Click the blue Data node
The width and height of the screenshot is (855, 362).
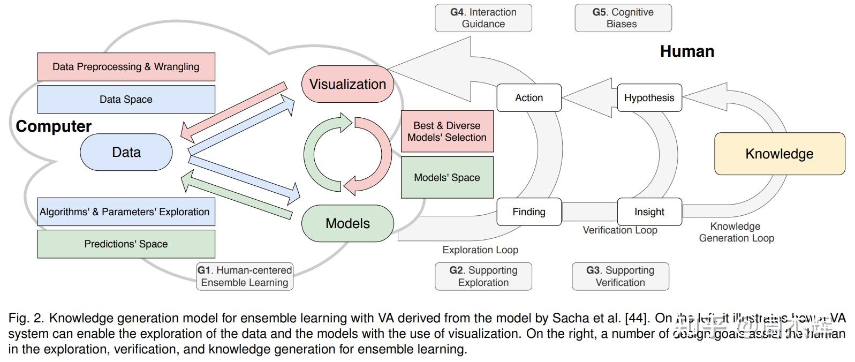(x=126, y=152)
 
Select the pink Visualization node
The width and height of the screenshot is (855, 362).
(x=347, y=84)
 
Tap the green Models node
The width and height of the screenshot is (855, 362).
(x=347, y=223)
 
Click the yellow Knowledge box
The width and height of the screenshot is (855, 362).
(x=780, y=154)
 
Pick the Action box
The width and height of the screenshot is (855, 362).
(x=529, y=97)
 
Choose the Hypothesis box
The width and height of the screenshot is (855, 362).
(x=649, y=97)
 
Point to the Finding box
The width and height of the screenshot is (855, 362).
(x=529, y=212)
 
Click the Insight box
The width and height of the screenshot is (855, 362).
(x=649, y=212)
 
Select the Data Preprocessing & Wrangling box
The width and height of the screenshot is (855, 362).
(x=126, y=67)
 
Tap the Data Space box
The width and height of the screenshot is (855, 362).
(x=126, y=99)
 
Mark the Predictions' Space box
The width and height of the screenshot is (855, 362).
(x=126, y=244)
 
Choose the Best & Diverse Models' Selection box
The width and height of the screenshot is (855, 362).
(x=447, y=131)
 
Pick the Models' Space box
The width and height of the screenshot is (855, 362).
(x=447, y=177)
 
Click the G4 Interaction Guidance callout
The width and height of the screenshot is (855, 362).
(x=483, y=18)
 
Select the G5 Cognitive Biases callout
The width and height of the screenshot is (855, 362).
(x=623, y=18)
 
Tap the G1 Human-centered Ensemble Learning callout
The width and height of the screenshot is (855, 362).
(x=245, y=276)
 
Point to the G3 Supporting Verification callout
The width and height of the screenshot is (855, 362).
(x=621, y=276)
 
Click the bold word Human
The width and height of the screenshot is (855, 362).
(x=687, y=51)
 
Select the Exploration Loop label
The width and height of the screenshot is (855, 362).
(x=480, y=250)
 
